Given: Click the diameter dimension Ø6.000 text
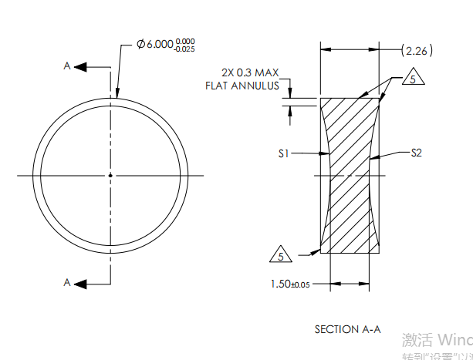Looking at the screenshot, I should [154, 44].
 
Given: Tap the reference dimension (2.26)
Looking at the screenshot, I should [417, 51].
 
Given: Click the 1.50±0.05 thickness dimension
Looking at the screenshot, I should [290, 284].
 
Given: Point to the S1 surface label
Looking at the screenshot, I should [283, 154].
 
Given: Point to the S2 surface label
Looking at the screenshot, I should [416, 153].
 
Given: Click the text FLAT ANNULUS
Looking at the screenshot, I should [242, 86].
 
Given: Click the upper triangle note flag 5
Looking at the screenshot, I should [413, 80].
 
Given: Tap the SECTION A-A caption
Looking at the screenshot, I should [347, 329].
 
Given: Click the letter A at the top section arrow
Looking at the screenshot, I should [67, 67].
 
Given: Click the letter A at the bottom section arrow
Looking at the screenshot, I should [67, 283].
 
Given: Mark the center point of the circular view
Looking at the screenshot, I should [110, 176].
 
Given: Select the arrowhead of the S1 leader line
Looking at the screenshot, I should [328, 154].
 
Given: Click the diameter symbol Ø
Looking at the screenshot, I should [141, 44].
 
